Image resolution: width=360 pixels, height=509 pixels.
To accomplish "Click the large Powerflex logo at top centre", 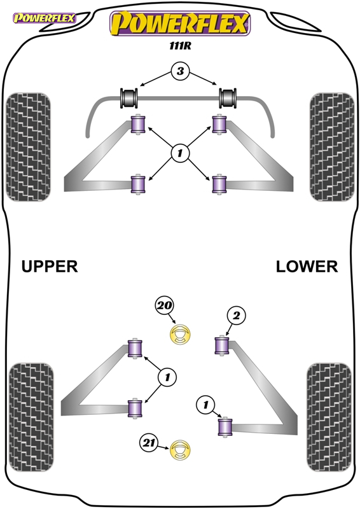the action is pos(180,24).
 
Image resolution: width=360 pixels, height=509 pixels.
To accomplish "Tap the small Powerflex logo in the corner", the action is pos(44,18).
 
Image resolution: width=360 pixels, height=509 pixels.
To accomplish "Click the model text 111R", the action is pos(180,46).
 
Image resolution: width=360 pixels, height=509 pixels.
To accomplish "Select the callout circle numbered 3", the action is pos(180,71).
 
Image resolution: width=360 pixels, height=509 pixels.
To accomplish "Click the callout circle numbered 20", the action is pos(165,306).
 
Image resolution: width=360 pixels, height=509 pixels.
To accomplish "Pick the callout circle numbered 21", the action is pos(149,443).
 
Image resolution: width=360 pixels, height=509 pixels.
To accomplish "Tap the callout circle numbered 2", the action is pos(237,315).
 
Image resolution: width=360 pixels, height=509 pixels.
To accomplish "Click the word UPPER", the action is pos(50,267).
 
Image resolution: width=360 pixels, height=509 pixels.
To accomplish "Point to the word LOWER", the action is pos(307,267).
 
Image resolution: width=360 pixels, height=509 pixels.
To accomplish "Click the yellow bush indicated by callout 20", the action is pos(180,335).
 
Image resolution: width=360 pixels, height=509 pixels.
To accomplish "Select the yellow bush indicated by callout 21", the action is pos(180,450).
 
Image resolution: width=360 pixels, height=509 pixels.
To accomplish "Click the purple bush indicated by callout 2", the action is pos(222,345).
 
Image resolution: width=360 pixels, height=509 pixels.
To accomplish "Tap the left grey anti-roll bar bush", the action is pos(129,98).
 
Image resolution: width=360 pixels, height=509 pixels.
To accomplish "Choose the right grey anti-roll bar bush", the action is pos(228,98).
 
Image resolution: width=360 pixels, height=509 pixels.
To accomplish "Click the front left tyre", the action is pos(29,147).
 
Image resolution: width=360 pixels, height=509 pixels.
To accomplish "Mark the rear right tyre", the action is pos(329,417).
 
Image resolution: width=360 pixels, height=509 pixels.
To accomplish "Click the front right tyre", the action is pos(332,147).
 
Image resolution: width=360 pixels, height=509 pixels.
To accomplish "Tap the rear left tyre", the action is pos(31,417).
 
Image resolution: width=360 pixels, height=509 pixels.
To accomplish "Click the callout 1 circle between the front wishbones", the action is pos(180,153).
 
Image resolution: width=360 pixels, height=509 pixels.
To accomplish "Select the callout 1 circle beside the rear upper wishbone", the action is pos(167,377).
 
